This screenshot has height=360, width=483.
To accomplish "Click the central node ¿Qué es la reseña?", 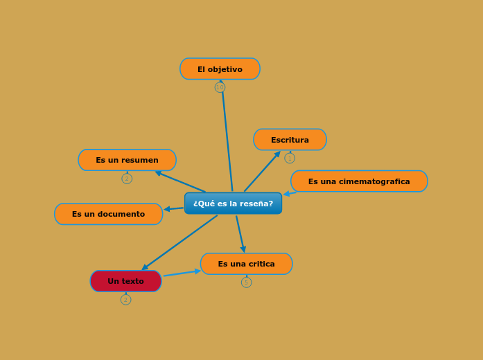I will [x=233, y=204].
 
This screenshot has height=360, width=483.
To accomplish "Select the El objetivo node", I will [x=220, y=69].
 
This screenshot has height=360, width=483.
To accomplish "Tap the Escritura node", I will [x=290, y=140].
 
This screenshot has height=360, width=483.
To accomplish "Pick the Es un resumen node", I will [x=127, y=160].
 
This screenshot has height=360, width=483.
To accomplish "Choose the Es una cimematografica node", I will [x=359, y=181].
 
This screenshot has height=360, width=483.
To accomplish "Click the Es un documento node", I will [x=108, y=214].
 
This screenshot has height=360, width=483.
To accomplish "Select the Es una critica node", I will [x=246, y=264].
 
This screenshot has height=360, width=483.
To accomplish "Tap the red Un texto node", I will [x=125, y=281].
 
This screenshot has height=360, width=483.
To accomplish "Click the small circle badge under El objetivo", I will [x=220, y=88].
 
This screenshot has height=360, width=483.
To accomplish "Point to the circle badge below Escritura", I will [x=290, y=158].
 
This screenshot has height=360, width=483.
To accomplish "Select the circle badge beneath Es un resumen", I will [x=127, y=179].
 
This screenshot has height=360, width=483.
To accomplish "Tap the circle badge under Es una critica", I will [x=246, y=282].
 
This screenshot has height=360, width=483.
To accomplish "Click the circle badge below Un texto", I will [x=125, y=300].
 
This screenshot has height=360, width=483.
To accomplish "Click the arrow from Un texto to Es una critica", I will [x=182, y=273].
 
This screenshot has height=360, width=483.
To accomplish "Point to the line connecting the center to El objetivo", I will [x=227, y=138].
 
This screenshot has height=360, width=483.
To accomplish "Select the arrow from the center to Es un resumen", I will [x=180, y=181].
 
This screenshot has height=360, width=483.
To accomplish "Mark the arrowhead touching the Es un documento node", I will [x=167, y=209].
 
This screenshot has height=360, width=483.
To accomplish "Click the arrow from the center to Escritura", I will [x=262, y=172].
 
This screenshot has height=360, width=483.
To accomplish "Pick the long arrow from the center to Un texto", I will [x=180, y=242].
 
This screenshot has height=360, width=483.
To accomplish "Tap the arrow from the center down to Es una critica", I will [x=240, y=233].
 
